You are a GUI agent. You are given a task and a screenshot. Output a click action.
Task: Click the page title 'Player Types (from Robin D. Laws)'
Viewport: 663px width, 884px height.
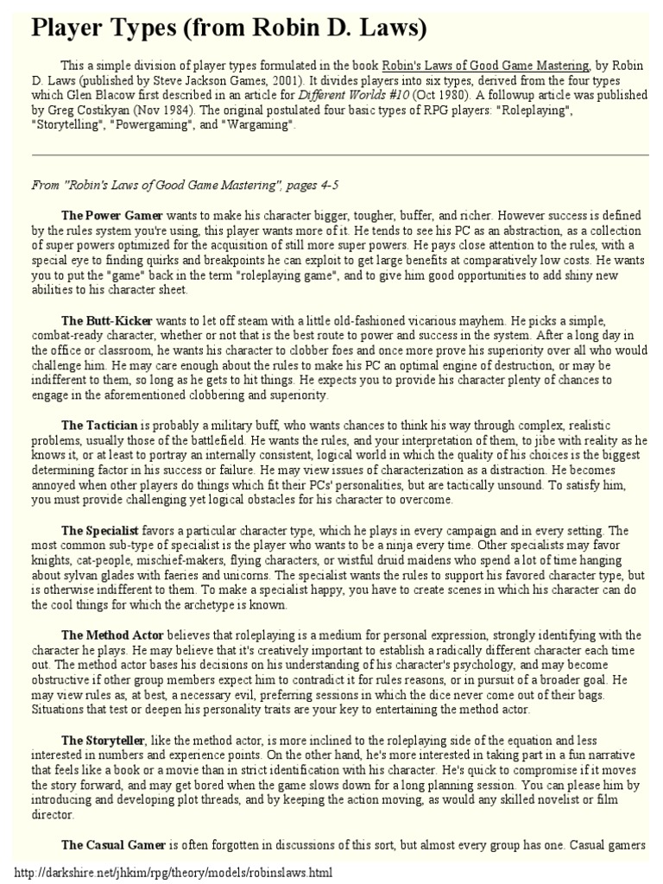click(x=229, y=28)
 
